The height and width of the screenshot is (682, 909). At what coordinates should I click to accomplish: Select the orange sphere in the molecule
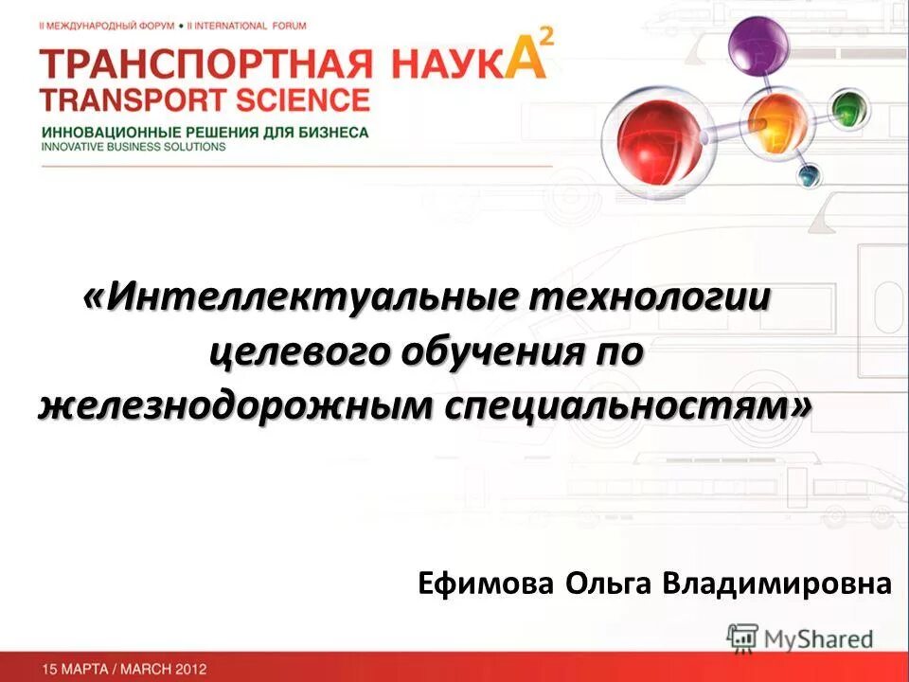click(776, 121)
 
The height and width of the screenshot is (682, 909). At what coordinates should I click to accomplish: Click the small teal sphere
click(808, 175)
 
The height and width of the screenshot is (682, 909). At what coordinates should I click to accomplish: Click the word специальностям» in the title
click(629, 406)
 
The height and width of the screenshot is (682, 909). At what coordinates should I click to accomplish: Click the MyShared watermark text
click(819, 639)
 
